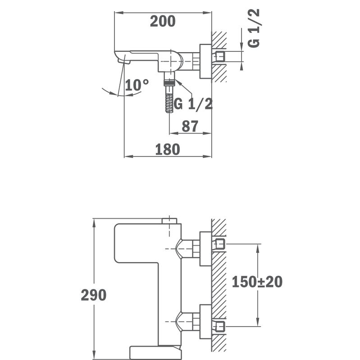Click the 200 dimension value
162,21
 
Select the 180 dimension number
168,149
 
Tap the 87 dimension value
190,126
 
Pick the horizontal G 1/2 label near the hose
193,104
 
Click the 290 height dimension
94,295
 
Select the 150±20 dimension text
257,282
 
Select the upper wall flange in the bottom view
205,249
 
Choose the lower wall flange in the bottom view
205,321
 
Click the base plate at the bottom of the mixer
155,352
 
